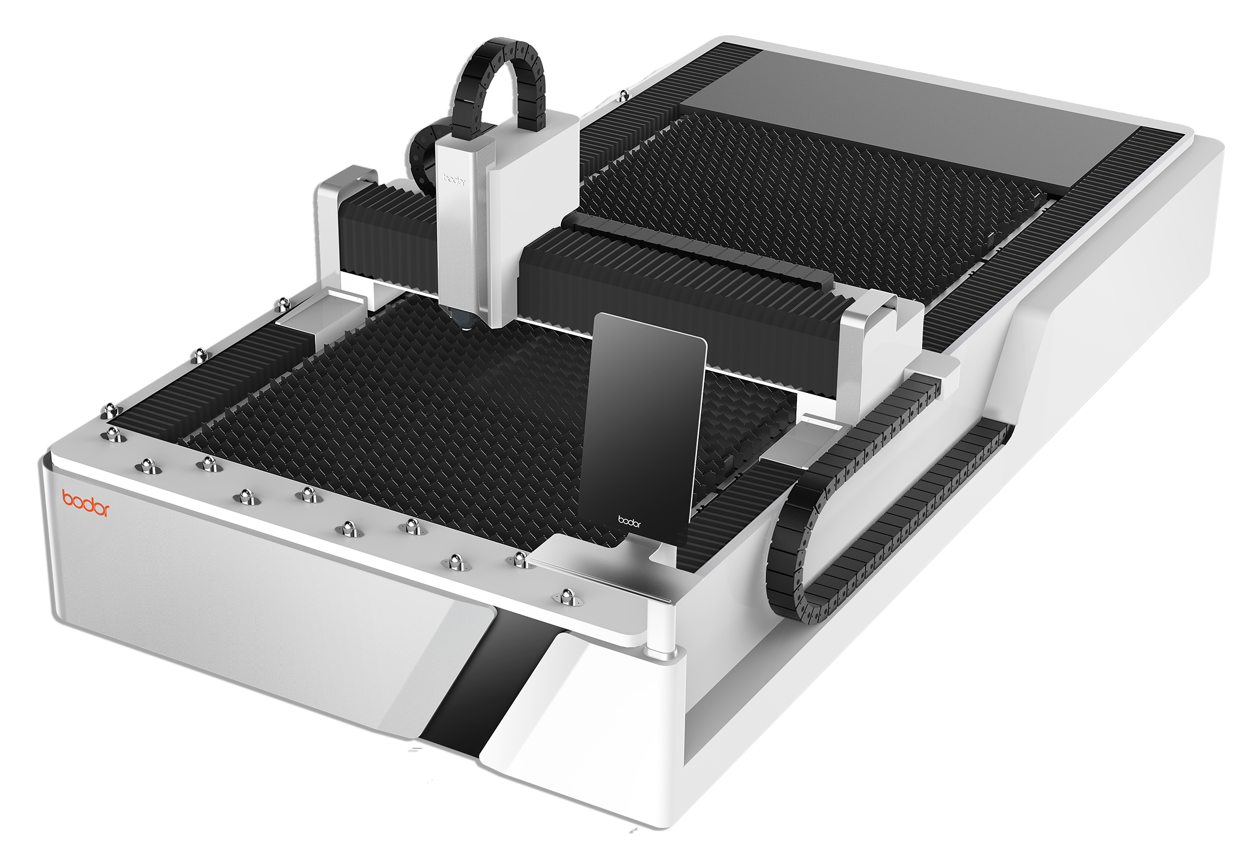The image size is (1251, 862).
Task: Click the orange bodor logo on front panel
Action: (85, 503)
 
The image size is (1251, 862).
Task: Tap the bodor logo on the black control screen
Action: (629, 522)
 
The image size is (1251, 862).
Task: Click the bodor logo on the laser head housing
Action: (453, 179)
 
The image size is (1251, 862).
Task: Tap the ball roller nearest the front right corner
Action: (566, 596)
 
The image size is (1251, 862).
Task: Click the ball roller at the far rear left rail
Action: (623, 95)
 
